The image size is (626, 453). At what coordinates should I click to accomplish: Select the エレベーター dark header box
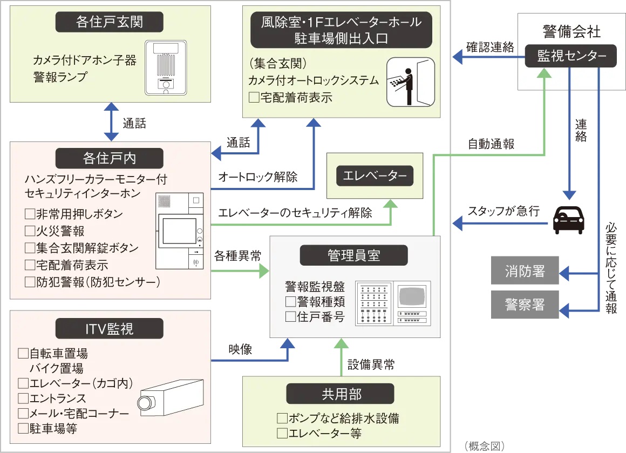click(x=375, y=175)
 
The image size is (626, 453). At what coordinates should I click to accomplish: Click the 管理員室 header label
click(x=354, y=255)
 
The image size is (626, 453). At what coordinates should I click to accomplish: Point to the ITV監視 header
click(x=110, y=328)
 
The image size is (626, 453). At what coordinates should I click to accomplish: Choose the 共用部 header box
click(x=341, y=394)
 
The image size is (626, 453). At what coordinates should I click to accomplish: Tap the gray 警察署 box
click(x=525, y=305)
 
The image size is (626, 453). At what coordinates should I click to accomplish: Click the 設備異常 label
click(x=370, y=365)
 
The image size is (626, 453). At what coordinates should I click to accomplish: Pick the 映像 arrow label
click(x=240, y=350)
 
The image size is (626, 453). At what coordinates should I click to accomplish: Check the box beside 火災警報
click(x=30, y=231)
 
